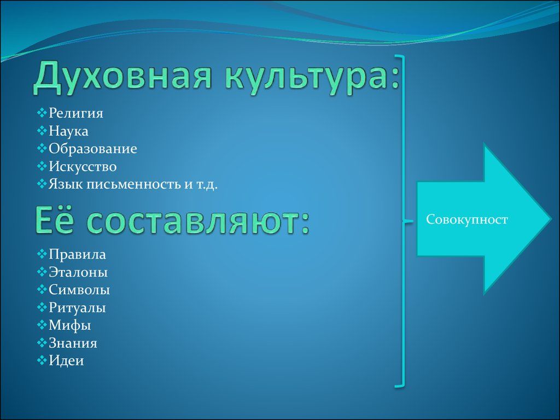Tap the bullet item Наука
[68, 131]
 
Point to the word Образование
[93, 149]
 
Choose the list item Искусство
[83, 166]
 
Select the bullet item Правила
[77, 254]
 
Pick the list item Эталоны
[78, 272]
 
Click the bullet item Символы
[79, 290]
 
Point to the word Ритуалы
[77, 307]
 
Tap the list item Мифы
[69, 325]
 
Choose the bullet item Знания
[73, 343]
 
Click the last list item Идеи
[66, 361]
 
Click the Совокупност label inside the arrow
[467, 219]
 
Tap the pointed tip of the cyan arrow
[552, 219]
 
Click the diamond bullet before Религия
[42, 113]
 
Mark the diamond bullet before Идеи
[42, 360]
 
